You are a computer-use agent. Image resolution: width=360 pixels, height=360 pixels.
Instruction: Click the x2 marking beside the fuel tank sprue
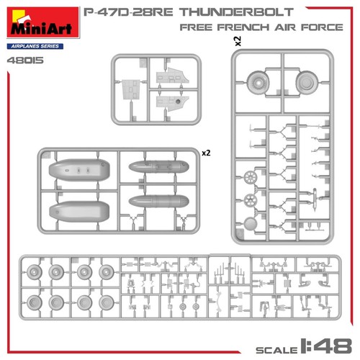[x=206, y=153]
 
